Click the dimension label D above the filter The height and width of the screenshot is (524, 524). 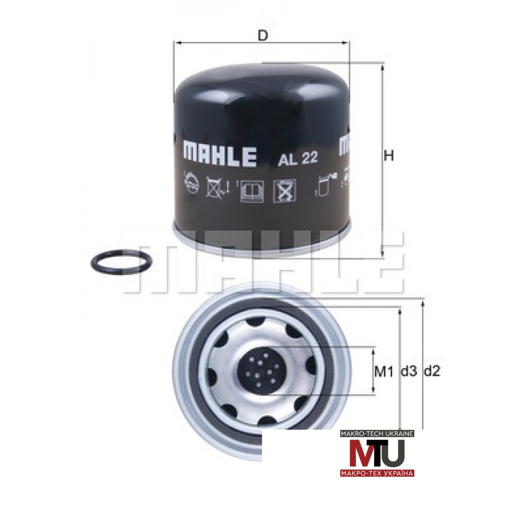point(263,35)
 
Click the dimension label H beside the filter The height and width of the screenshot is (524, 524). point(389,156)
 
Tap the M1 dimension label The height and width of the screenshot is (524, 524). point(384,372)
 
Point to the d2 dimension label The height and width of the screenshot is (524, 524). point(432,371)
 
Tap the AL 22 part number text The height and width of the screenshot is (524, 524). point(298,158)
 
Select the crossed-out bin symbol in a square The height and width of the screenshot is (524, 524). point(285,191)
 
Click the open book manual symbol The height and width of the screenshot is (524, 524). point(252,191)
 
